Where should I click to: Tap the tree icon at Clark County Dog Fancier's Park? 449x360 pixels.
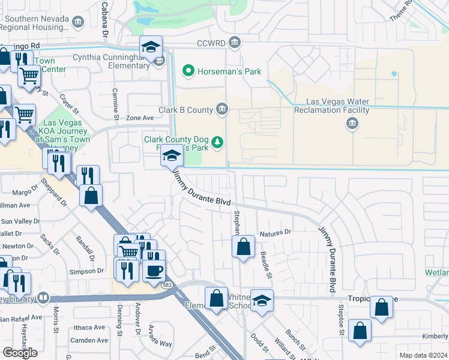pos(219,142)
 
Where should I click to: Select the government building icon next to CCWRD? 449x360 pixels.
pos(235,43)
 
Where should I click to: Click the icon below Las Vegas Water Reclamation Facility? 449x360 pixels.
pos(352,124)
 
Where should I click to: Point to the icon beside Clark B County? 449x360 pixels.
pos(222,109)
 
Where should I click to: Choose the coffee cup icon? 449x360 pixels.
pos(154,270)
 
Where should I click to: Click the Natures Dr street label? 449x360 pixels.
pos(275,232)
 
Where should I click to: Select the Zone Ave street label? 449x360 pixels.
pos(140,118)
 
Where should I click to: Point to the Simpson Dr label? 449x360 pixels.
pos(88,271)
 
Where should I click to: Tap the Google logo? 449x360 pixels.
pos(20,353)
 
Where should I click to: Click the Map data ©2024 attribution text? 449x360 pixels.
pos(423,355)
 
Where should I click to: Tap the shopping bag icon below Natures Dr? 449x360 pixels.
pos(243,247)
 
